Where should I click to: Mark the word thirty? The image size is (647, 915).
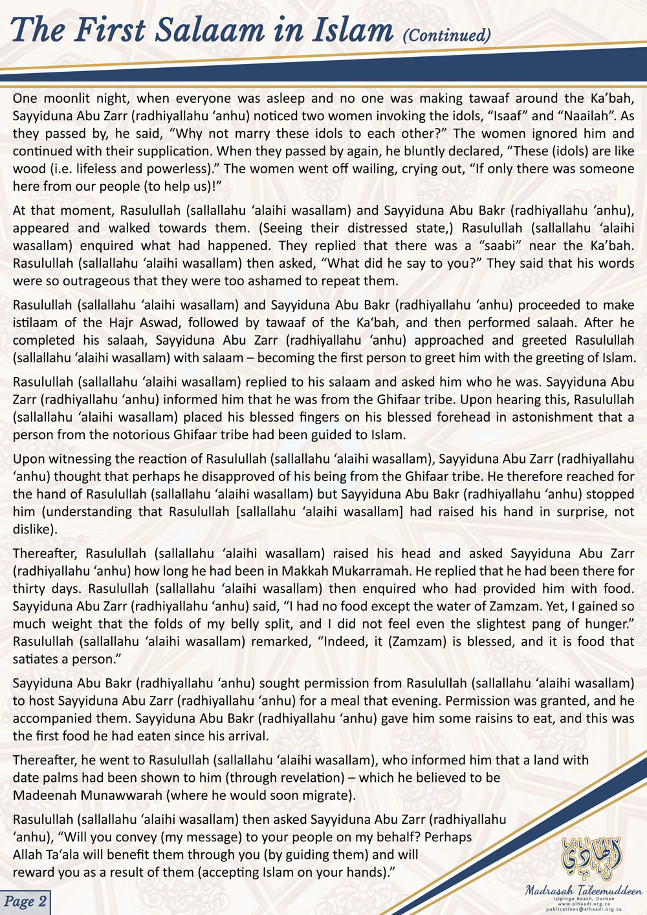click(32, 588)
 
